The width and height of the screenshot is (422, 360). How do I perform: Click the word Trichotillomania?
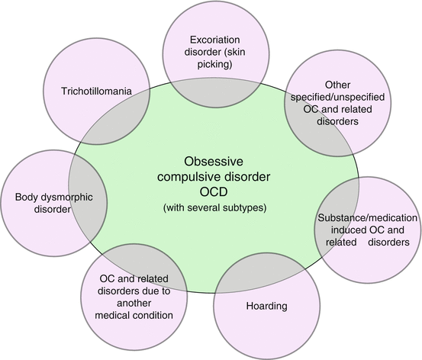95,92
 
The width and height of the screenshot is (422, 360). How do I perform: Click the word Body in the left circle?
27,198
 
